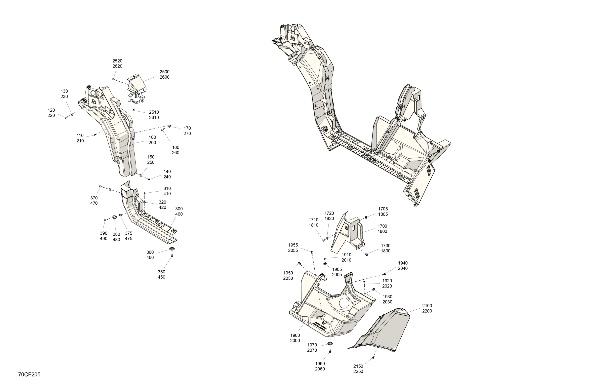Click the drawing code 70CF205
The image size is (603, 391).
point(29,375)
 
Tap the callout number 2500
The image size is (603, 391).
point(164,72)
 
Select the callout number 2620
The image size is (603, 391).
point(117,66)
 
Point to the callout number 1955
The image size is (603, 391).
point(293,245)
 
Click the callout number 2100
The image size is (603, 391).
point(427,306)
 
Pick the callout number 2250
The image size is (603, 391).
point(358,372)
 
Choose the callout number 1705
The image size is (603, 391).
point(383,209)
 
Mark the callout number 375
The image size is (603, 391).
point(128,233)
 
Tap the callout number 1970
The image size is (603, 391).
point(312,345)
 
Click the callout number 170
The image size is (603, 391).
point(187,128)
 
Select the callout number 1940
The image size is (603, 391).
point(403,263)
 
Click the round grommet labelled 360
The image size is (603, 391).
point(172,249)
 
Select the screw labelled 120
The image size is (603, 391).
point(66,118)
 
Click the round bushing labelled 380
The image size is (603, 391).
point(114,217)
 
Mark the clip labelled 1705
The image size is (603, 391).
point(366,217)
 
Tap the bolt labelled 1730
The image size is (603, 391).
point(366,254)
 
